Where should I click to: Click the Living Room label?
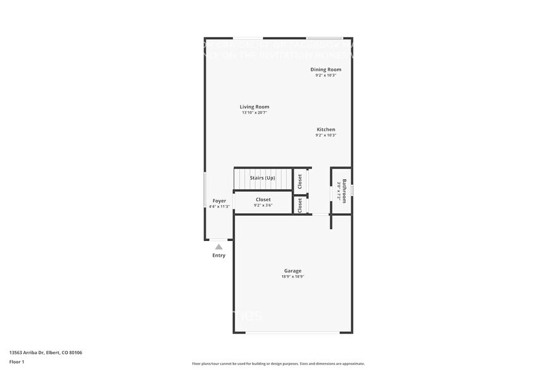(x=254, y=107)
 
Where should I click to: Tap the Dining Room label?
(x=326, y=69)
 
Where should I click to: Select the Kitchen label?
(x=326, y=129)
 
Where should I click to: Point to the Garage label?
(x=292, y=271)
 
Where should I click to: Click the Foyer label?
(x=219, y=201)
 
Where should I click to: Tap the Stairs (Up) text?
(x=263, y=178)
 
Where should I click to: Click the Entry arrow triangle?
(x=219, y=247)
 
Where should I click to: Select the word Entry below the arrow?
(x=219, y=256)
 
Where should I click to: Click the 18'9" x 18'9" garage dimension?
(x=292, y=276)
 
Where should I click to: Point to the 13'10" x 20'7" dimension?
(x=254, y=113)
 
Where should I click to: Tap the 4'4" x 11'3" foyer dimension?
(x=219, y=206)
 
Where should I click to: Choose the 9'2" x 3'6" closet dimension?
(x=263, y=205)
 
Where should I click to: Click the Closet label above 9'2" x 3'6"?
(x=263, y=199)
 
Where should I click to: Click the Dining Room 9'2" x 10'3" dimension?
(x=326, y=75)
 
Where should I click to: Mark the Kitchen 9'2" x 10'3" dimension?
(x=326, y=135)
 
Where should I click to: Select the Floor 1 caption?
(x=16, y=362)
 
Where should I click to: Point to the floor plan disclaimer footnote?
(x=278, y=363)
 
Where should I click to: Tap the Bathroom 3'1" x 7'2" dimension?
(x=338, y=191)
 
